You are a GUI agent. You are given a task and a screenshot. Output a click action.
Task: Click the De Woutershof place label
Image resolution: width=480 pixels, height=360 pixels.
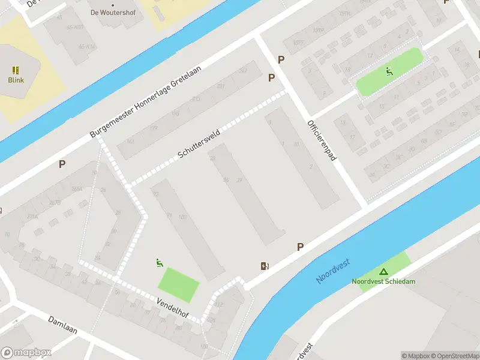pyautogui.click(x=112, y=12)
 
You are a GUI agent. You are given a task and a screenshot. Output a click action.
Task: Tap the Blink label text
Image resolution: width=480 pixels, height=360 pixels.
pyautogui.click(x=16, y=80)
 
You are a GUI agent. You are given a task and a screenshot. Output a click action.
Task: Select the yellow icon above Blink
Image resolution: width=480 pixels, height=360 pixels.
pyautogui.click(x=16, y=70)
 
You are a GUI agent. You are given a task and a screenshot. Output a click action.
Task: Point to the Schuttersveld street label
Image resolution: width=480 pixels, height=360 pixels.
pyautogui.click(x=199, y=143)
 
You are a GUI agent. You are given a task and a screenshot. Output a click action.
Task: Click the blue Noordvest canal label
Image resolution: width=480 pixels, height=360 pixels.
pyautogui.click(x=333, y=271)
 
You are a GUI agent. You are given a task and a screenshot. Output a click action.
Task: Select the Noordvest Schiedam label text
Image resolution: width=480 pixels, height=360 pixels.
pyautogui.click(x=383, y=281)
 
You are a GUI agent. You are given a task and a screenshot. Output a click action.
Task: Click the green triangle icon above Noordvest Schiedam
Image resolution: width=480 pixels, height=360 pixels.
pyautogui.click(x=383, y=272)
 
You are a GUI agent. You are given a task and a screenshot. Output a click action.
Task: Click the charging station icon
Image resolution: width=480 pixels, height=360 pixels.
pyautogui.click(x=265, y=266)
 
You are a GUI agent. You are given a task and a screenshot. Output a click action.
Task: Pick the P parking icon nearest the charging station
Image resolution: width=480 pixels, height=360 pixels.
pyautogui.click(x=300, y=247)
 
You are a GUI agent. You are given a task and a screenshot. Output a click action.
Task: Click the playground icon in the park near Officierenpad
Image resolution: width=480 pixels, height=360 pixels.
pyautogui.click(x=389, y=72)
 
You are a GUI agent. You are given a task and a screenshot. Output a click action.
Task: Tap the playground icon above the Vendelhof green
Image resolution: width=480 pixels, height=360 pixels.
pyautogui.click(x=160, y=262)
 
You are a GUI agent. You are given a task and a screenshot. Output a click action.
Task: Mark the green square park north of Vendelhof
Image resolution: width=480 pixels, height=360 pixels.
pyautogui.click(x=178, y=285)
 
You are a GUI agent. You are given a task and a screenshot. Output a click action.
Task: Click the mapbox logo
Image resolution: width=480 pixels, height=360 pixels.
pyautogui.click(x=26, y=353)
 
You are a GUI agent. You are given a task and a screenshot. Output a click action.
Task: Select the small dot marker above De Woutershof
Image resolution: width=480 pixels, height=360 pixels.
pyautogui.click(x=112, y=4)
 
